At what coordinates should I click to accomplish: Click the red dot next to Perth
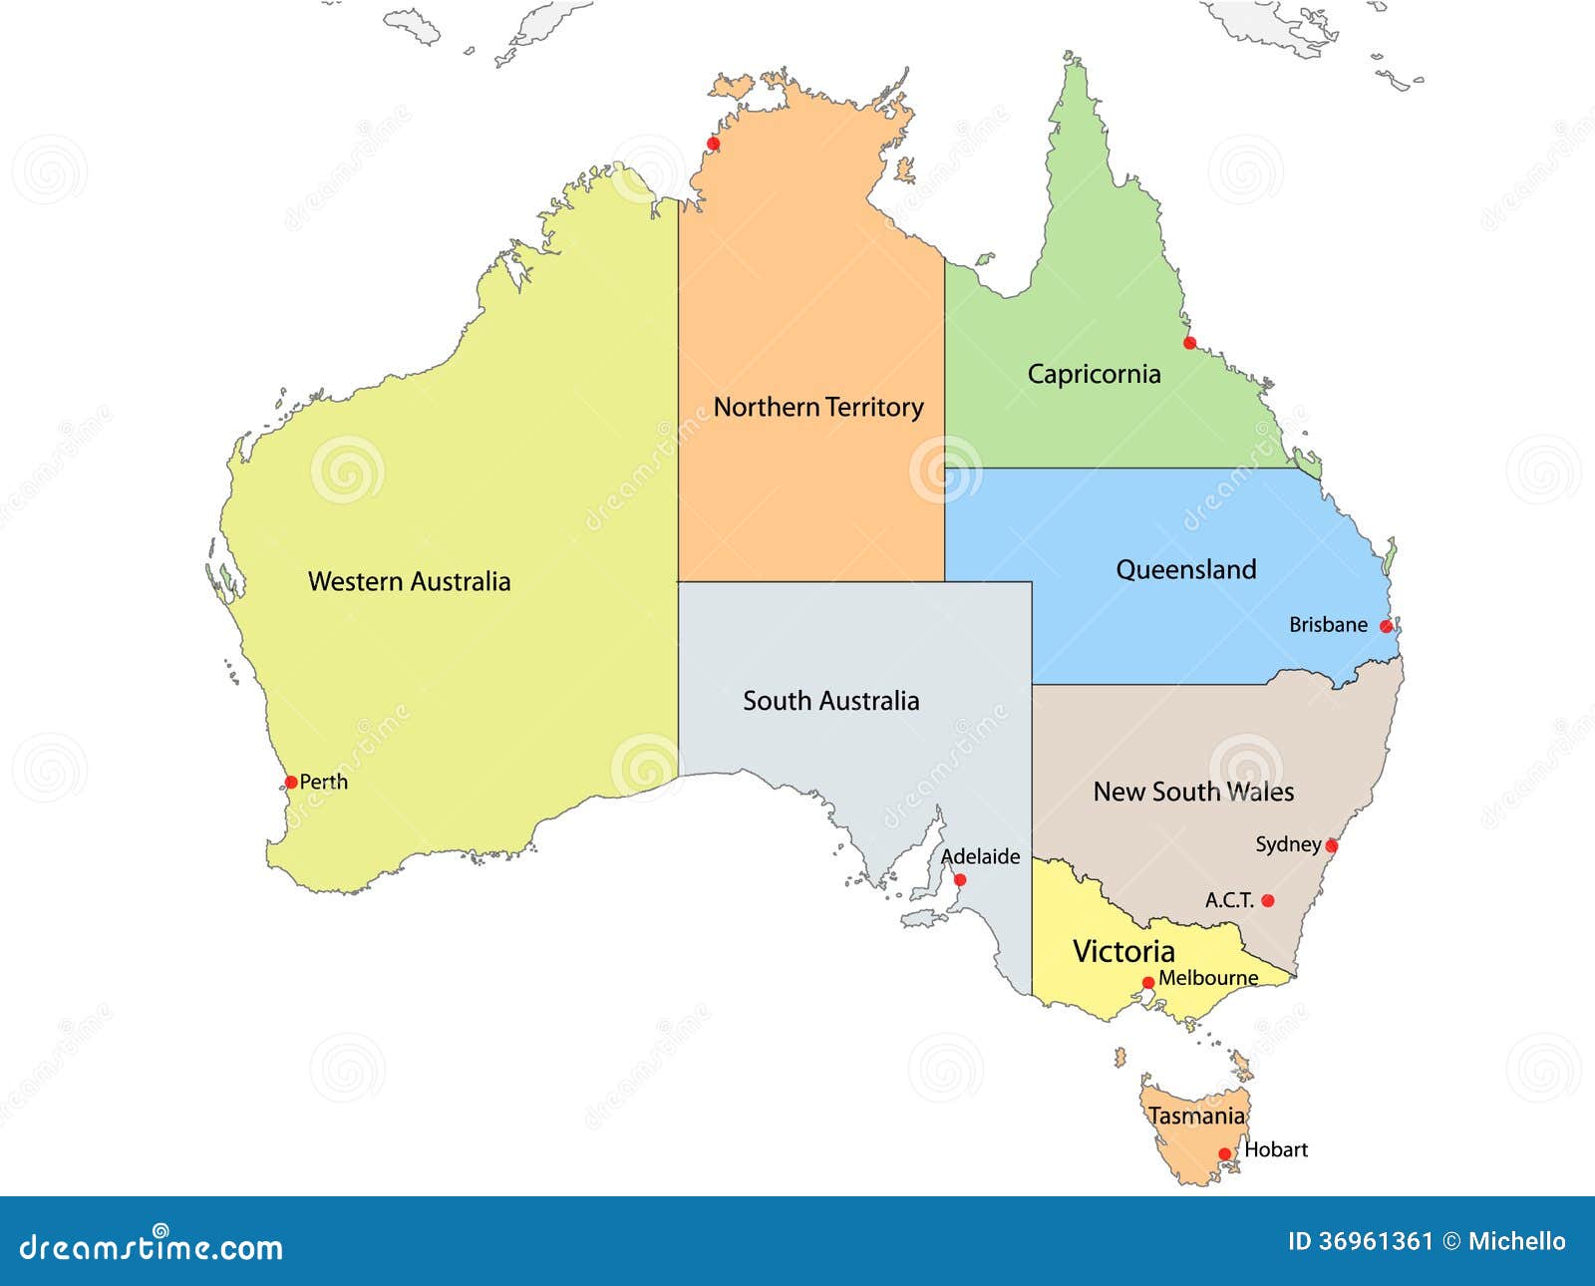click(291, 782)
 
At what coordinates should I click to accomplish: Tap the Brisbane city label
click(1328, 625)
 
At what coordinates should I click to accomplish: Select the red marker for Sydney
click(1331, 846)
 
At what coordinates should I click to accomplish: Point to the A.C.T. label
click(1229, 900)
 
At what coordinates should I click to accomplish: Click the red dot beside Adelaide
click(960, 879)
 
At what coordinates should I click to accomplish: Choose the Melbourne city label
click(1208, 978)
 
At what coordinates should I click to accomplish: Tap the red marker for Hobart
click(1225, 1154)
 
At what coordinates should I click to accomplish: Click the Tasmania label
click(1196, 1116)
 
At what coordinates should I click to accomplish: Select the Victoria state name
click(1123, 951)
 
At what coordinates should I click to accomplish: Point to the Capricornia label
click(1094, 374)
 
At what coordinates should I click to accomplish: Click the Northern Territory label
click(818, 407)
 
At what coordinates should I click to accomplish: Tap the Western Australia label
click(409, 581)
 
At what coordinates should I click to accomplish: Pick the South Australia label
click(830, 701)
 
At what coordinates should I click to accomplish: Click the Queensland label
click(1185, 569)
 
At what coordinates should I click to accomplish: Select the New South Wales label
click(1193, 792)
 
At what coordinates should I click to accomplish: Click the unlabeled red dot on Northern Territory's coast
click(713, 144)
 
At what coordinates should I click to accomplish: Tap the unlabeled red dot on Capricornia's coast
click(1189, 343)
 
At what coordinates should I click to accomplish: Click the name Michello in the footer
click(1516, 1241)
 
